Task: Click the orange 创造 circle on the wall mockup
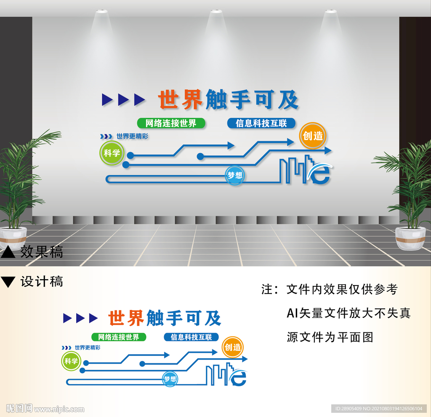click(x=313, y=136)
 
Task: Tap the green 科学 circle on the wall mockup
click(x=112, y=153)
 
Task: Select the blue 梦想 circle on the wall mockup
click(x=235, y=175)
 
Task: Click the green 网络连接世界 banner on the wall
click(x=171, y=123)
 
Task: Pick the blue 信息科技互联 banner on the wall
click(x=261, y=123)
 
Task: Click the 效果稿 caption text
click(x=42, y=252)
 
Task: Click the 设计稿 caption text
click(x=42, y=281)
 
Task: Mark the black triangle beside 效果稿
click(x=8, y=252)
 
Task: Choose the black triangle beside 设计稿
click(x=8, y=282)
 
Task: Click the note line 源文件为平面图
click(x=330, y=337)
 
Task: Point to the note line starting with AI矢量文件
click(x=348, y=313)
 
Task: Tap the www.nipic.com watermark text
click(x=59, y=409)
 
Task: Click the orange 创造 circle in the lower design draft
click(x=233, y=347)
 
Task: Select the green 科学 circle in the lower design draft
click(x=71, y=361)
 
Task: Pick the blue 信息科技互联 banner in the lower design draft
click(x=192, y=337)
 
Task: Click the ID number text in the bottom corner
click(x=379, y=409)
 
